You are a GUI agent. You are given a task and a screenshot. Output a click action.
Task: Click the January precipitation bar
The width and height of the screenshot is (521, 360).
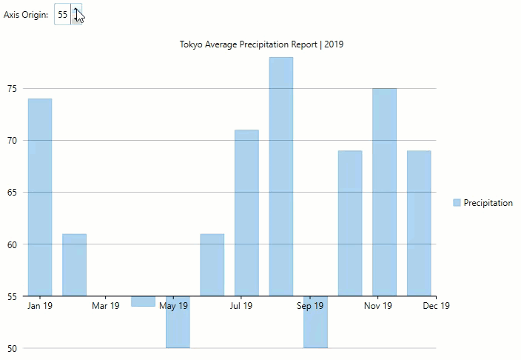coord(40,197)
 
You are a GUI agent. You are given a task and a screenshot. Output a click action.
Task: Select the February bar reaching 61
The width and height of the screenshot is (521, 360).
coord(74,264)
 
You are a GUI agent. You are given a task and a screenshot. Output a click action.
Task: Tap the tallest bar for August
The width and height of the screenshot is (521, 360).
coord(280,176)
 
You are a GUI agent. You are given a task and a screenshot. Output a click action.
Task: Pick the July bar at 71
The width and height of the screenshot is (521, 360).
coord(246,213)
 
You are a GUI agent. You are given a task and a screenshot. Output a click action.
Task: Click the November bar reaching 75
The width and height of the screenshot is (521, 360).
coord(384,192)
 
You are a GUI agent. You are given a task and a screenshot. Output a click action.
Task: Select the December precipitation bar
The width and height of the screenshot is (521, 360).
coord(419,223)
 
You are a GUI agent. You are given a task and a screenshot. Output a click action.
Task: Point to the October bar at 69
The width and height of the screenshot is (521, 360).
coord(350,223)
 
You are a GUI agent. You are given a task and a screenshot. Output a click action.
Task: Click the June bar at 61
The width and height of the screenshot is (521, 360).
coord(212,264)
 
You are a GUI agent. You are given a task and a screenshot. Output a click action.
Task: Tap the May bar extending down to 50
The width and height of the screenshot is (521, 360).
coord(178,322)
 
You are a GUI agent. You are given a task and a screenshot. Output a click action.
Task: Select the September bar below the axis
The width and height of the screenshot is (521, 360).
coord(315,322)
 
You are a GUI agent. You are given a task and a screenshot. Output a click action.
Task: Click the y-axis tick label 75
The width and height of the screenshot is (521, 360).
coord(11,89)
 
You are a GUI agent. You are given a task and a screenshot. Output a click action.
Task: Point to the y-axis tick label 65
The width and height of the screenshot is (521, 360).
coord(11,193)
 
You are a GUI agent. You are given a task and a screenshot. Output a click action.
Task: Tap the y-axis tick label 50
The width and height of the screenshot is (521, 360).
coord(11,348)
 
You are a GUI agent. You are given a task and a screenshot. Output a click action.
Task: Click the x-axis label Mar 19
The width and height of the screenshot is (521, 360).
coord(106,306)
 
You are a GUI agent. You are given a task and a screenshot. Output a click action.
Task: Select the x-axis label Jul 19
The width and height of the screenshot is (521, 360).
coord(241,306)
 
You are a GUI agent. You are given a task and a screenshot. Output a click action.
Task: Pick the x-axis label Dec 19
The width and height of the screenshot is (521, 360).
coord(436,306)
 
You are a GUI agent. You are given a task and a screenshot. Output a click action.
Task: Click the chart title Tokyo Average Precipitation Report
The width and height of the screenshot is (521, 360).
coord(261,44)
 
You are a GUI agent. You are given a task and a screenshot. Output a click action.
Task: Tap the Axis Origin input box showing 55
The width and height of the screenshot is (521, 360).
coord(63,14)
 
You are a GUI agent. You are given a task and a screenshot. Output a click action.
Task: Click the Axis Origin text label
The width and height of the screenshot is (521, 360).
coord(26,15)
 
